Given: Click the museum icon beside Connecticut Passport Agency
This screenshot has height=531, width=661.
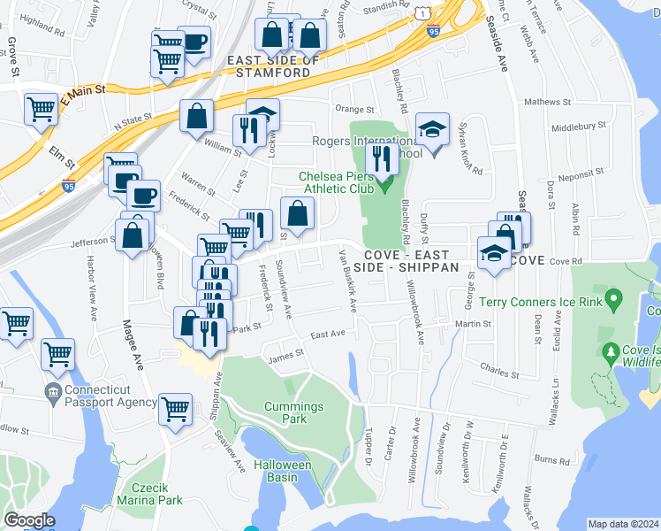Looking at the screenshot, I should click(53, 390).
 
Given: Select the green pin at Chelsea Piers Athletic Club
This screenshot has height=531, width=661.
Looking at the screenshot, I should click(385, 186).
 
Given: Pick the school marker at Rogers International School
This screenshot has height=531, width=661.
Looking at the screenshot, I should click(432, 130).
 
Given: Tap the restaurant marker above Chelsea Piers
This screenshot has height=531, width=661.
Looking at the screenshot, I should click(382, 158).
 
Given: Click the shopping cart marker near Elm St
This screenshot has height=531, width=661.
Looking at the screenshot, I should click(41, 111).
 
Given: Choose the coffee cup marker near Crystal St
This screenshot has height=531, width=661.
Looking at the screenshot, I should click(194, 41).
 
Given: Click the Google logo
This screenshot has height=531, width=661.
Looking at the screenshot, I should click(30, 520).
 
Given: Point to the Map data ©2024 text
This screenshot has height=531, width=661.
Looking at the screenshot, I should click(623, 524).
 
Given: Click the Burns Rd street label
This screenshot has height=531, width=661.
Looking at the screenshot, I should click(552, 460).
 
